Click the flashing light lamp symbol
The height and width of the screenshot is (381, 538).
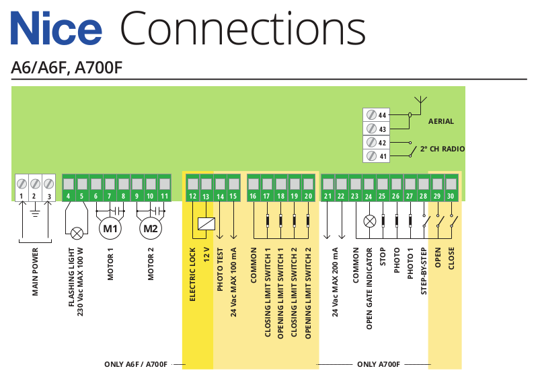[77, 233]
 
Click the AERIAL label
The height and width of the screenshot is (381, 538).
[441, 122]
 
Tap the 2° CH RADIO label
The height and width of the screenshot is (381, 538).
[442, 149]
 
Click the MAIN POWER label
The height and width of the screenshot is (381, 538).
[35, 273]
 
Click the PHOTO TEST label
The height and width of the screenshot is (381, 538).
[220, 269]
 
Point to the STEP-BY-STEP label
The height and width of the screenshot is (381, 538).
[424, 272]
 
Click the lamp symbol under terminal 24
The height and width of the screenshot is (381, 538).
[369, 220]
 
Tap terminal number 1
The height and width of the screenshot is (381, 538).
[22, 196]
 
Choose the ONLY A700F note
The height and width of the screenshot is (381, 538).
[379, 364]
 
